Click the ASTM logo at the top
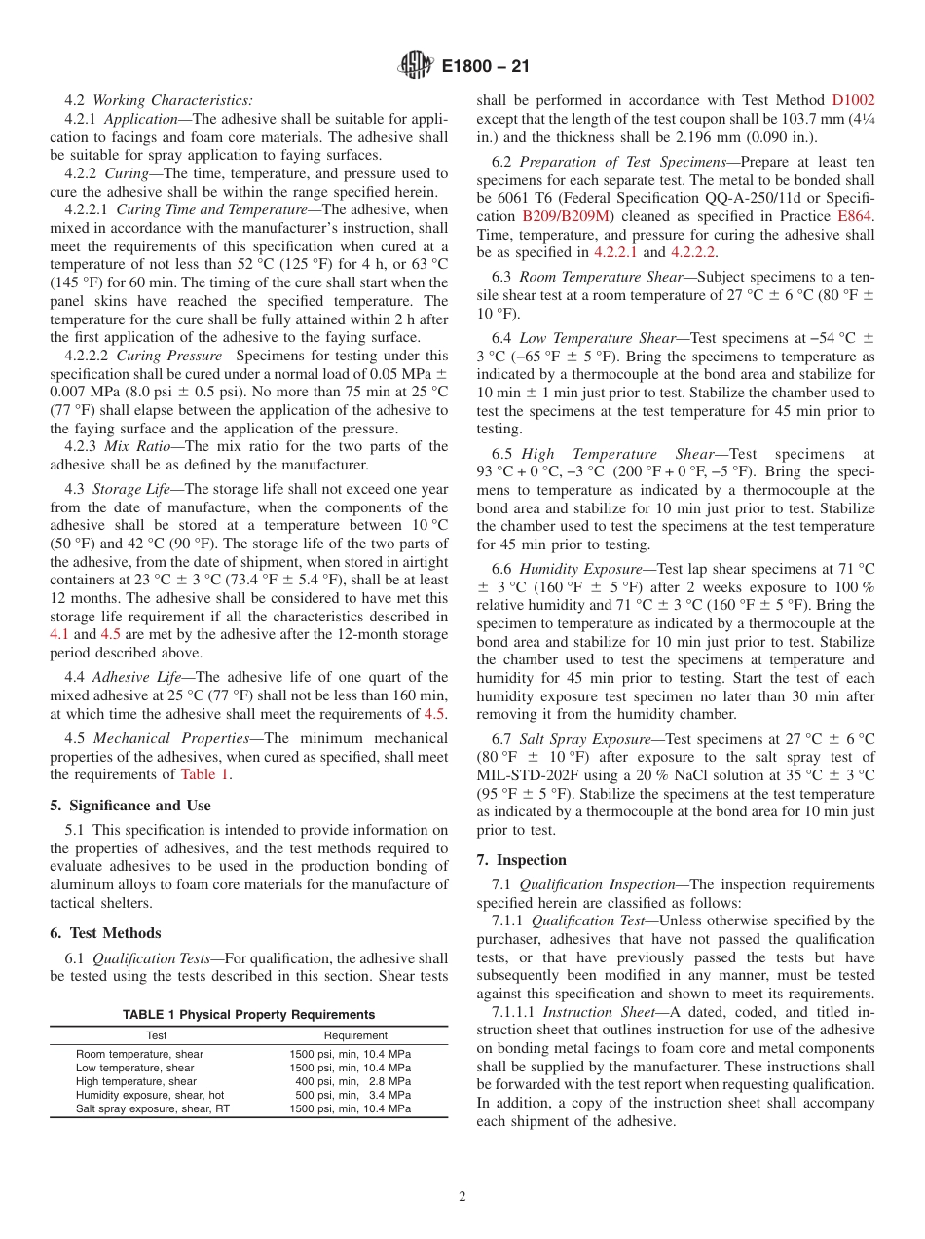[x=416, y=67]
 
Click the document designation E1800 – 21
[x=485, y=67]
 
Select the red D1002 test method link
[x=853, y=99]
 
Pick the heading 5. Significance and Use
[x=130, y=806]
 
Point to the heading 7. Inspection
[x=521, y=860]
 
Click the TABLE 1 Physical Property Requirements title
[x=248, y=1014]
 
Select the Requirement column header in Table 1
[x=355, y=1035]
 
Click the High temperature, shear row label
[x=135, y=1081]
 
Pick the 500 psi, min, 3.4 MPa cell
[x=350, y=1095]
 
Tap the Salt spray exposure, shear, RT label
[x=153, y=1108]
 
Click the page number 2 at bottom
[x=462, y=1196]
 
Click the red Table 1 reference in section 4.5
[x=205, y=774]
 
